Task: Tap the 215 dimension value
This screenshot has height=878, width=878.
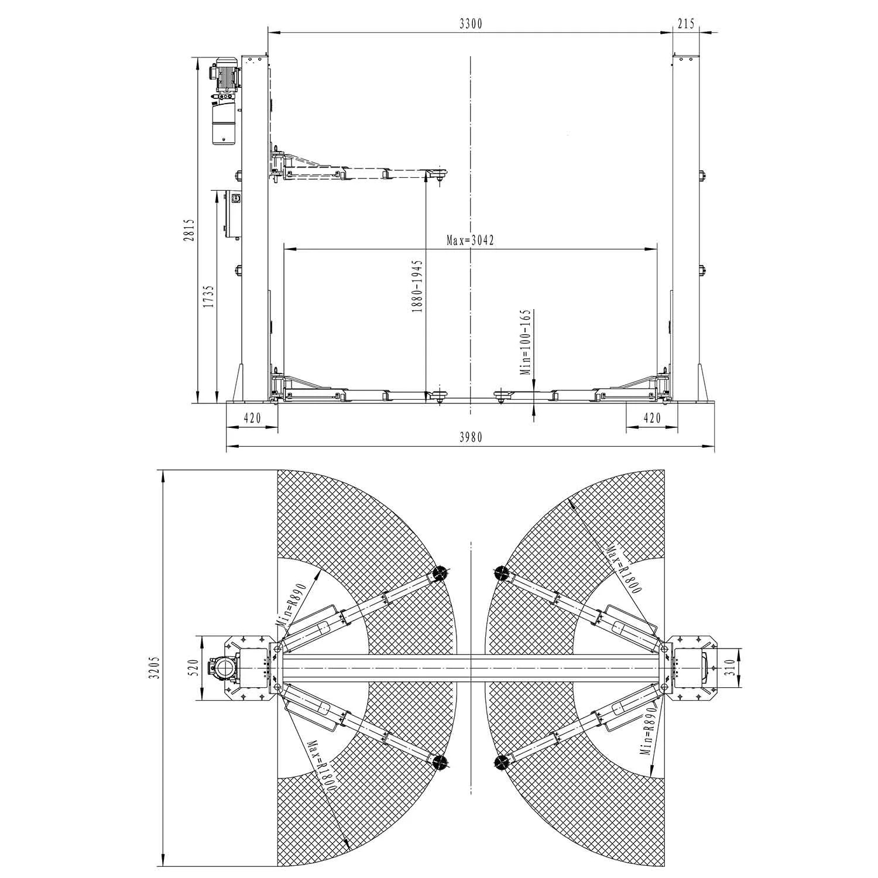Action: pos(685,23)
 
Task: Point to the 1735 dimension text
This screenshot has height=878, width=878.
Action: pos(208,297)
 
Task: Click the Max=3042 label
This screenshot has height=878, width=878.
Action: pos(471,240)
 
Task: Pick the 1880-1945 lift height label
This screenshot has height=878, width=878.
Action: pos(417,287)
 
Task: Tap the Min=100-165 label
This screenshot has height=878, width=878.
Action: pos(525,342)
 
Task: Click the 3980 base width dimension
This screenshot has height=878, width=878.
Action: pos(471,437)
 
